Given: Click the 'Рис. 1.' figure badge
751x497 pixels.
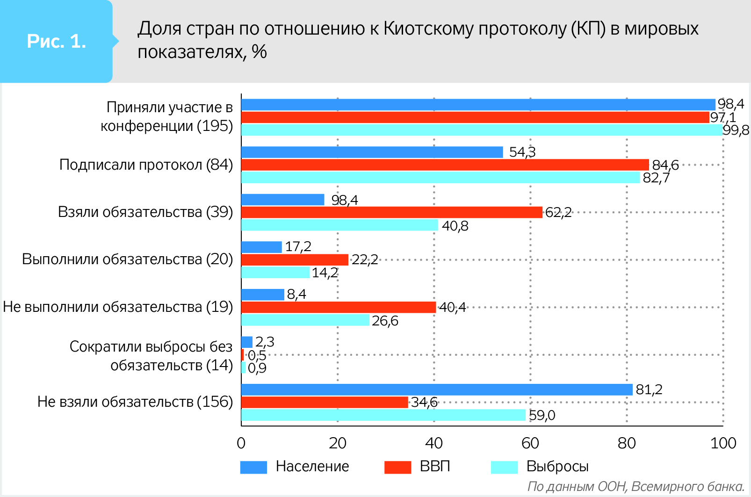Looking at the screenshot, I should [57, 42].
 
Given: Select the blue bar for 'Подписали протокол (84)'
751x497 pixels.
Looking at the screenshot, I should [372, 152].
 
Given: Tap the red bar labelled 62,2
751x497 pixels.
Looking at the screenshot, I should [391, 212].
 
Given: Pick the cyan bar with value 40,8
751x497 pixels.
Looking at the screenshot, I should [339, 225].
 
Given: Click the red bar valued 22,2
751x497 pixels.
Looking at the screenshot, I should [295, 259].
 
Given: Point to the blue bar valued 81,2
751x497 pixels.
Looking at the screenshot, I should [436, 389].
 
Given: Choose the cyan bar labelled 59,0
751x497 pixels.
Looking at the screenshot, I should [383, 415].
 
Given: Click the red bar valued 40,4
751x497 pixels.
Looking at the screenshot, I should [338, 307].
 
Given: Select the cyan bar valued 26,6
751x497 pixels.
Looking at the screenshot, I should [305, 320].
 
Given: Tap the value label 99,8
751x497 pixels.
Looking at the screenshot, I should [736, 130].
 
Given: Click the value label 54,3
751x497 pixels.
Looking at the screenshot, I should [522, 152].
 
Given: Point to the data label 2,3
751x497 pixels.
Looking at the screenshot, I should [265, 342].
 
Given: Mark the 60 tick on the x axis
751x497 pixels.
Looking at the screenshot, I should [530, 443].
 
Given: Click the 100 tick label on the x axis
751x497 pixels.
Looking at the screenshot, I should [723, 443].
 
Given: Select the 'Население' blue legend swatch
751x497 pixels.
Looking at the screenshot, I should [253, 467].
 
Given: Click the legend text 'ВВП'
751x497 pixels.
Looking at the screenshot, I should [435, 466].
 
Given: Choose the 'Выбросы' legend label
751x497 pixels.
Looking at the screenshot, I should [557, 466].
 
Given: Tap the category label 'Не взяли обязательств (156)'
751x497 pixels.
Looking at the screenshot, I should [135, 402].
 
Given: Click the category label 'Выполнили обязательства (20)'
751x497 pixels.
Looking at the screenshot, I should [127, 259].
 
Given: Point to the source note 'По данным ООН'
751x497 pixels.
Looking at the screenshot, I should [578, 487].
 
